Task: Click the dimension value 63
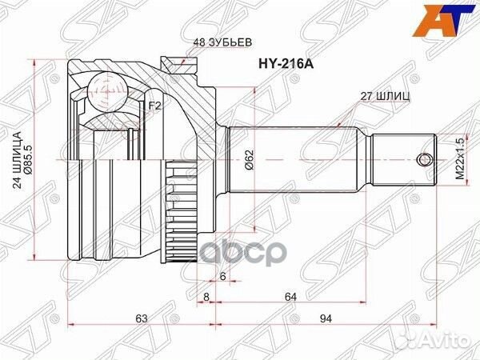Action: pyautogui.click(x=142, y=319)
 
